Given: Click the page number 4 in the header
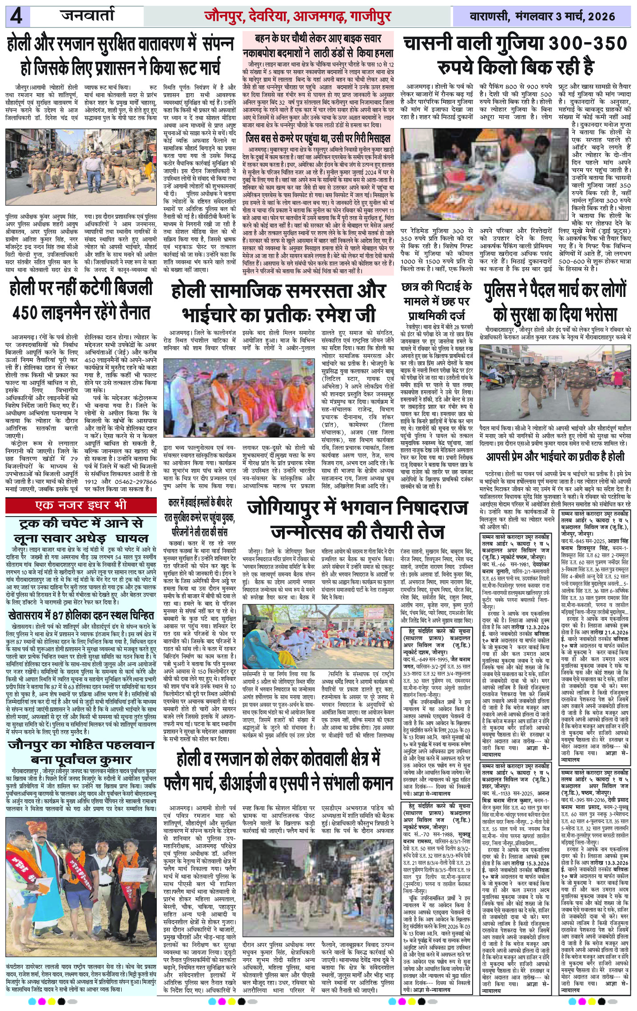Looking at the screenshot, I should [17, 17].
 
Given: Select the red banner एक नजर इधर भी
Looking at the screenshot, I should [81, 505].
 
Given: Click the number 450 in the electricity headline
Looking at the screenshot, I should [26, 313].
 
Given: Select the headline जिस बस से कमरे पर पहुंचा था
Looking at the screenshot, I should [318, 139].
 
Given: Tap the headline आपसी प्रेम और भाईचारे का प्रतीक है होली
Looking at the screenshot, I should [555, 457].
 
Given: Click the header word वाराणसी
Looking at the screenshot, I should [489, 17].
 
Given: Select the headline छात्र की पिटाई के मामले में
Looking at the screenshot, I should [436, 301].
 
